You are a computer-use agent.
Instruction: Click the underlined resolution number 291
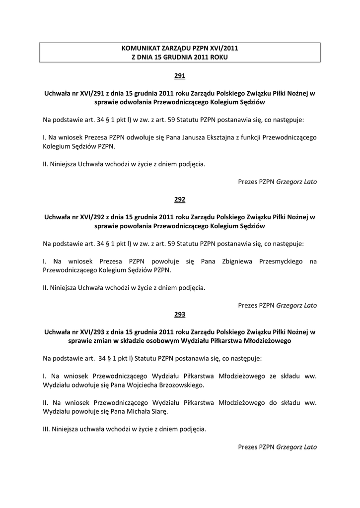[180, 76]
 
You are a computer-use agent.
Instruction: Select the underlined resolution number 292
[180, 199]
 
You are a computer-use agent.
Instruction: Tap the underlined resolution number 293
[180, 314]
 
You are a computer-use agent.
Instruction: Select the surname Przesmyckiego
[281, 261]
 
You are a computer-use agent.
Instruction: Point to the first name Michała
[136, 412]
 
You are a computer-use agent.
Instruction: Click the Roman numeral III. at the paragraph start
[47, 430]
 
